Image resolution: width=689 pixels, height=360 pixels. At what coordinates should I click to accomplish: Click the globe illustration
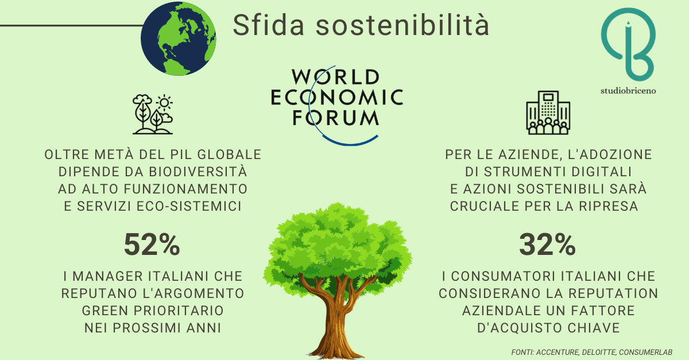coord(179,38)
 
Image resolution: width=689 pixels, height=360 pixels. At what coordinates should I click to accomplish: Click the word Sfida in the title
coord(269,25)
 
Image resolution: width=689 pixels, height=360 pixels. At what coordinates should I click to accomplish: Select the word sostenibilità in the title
coord(402,25)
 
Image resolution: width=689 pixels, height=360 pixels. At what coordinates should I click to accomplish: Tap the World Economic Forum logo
coord(337,104)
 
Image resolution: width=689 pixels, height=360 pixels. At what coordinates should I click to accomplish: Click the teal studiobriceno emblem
coord(628,45)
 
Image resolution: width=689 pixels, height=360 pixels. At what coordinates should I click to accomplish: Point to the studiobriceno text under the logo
coord(628,91)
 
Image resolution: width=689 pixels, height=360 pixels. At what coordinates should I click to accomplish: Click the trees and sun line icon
coord(153,114)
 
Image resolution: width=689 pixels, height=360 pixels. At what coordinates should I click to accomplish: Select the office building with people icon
coord(548,113)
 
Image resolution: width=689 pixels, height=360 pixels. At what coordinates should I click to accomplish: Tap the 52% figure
coord(152,245)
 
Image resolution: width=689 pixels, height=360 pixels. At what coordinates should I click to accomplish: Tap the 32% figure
coord(548,245)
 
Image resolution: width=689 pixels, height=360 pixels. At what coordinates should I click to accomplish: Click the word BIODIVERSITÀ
coord(198,172)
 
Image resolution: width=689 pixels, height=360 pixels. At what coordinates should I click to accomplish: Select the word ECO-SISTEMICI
coord(189,206)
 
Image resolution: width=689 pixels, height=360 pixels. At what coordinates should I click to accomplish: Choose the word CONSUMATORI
coord(503,276)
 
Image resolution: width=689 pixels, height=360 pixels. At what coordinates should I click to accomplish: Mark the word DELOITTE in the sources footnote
coord(599,353)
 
